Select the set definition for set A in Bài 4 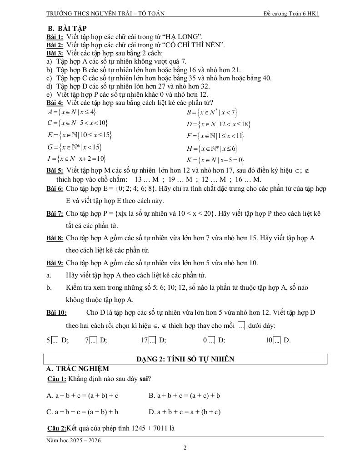(x=71, y=112)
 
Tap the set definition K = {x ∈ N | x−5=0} (x=215, y=160)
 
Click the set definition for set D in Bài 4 (x=218, y=124)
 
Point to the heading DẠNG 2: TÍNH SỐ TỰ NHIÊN (x=185, y=359)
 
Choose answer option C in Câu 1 (x=82, y=412)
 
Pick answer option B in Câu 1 (x=185, y=395)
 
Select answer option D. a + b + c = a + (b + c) (x=185, y=412)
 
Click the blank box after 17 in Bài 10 (x=152, y=340)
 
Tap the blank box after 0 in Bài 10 (x=211, y=340)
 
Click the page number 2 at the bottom (x=185, y=448)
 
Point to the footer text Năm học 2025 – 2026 (x=74, y=440)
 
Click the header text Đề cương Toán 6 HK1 (x=291, y=14)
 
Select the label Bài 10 (x=56, y=312)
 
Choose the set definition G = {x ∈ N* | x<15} (x=74, y=147)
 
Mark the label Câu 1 (x=57, y=379)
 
